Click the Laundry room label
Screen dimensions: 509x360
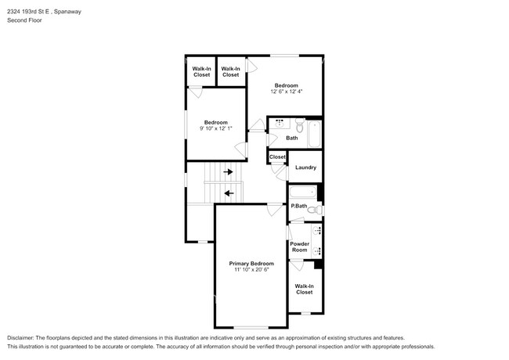[305, 167]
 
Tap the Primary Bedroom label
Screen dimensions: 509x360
[251, 264]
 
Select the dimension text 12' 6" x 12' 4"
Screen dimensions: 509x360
[287, 92]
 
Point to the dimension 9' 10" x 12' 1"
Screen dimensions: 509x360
[216, 128]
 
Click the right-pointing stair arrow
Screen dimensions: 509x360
[228, 171]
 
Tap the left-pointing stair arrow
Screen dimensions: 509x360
[229, 193]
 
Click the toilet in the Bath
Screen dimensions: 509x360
[300, 125]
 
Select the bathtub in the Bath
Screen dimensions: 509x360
[314, 134]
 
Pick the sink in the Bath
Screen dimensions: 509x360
[280, 123]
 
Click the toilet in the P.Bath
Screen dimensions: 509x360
[315, 210]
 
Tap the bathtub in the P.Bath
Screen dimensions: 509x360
[303, 192]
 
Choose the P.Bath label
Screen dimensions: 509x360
[299, 206]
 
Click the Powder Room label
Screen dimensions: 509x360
[299, 247]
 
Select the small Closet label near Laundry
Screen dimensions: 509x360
[277, 157]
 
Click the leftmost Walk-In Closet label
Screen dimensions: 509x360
[201, 72]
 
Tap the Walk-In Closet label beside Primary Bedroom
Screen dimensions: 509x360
[304, 289]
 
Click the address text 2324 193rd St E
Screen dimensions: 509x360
[28, 12]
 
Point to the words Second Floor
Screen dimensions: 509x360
[24, 20]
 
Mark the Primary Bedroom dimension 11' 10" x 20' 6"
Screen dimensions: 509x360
[251, 269]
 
